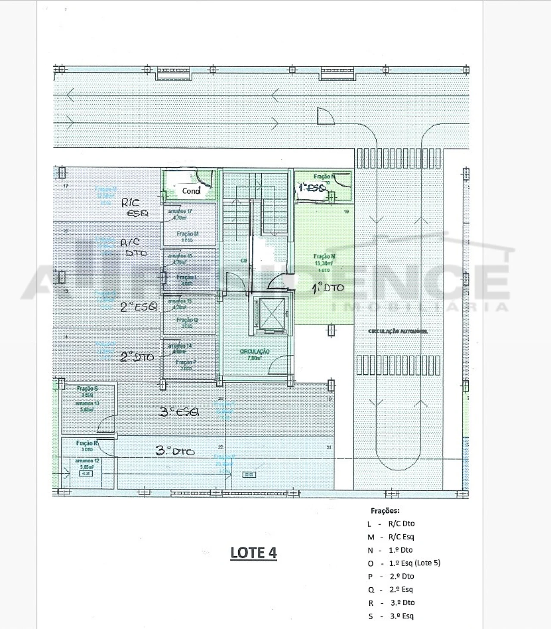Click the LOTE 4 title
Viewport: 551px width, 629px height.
254,553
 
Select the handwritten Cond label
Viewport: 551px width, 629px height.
191,190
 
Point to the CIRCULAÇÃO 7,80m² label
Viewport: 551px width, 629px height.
254,355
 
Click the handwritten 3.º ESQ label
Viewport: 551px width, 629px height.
179,412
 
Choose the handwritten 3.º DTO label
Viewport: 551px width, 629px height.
175,451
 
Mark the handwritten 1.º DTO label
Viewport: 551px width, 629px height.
328,288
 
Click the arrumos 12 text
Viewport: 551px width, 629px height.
87,461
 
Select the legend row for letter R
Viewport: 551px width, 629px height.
391,603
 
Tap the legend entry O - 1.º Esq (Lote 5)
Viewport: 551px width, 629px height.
404,563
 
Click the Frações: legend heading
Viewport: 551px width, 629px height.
385,511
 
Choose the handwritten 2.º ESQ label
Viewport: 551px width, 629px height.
139,307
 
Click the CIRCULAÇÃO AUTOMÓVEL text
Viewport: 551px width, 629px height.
398,332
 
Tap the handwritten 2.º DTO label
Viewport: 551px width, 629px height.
137,357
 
